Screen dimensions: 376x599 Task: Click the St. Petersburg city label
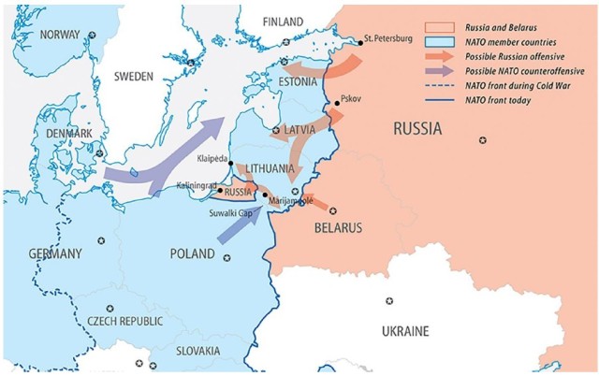point(387,38)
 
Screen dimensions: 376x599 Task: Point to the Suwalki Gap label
point(232,213)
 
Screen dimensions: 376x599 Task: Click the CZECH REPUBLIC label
point(124,321)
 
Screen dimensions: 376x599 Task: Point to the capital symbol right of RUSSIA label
point(483,139)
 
